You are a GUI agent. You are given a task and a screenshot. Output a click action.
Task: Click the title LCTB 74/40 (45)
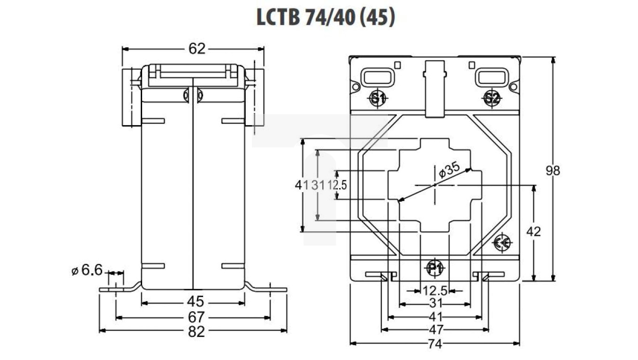click(x=326, y=17)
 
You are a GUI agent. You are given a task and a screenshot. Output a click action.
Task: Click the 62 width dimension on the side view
click(x=197, y=48)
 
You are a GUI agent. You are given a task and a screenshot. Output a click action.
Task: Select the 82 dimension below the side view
click(x=197, y=331)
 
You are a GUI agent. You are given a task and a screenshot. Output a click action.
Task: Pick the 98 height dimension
click(x=554, y=171)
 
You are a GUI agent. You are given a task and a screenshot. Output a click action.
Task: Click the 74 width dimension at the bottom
click(x=435, y=344)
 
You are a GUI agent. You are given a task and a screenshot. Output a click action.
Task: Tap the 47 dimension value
click(x=435, y=329)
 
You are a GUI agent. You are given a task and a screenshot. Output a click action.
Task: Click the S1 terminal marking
click(x=378, y=98)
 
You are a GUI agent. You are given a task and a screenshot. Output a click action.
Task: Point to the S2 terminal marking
click(x=492, y=98)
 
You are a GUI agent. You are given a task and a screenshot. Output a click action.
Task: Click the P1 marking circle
click(x=435, y=269)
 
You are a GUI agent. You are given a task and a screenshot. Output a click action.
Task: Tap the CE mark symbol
click(x=503, y=242)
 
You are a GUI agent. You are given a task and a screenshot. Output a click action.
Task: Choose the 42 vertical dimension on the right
click(x=534, y=232)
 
